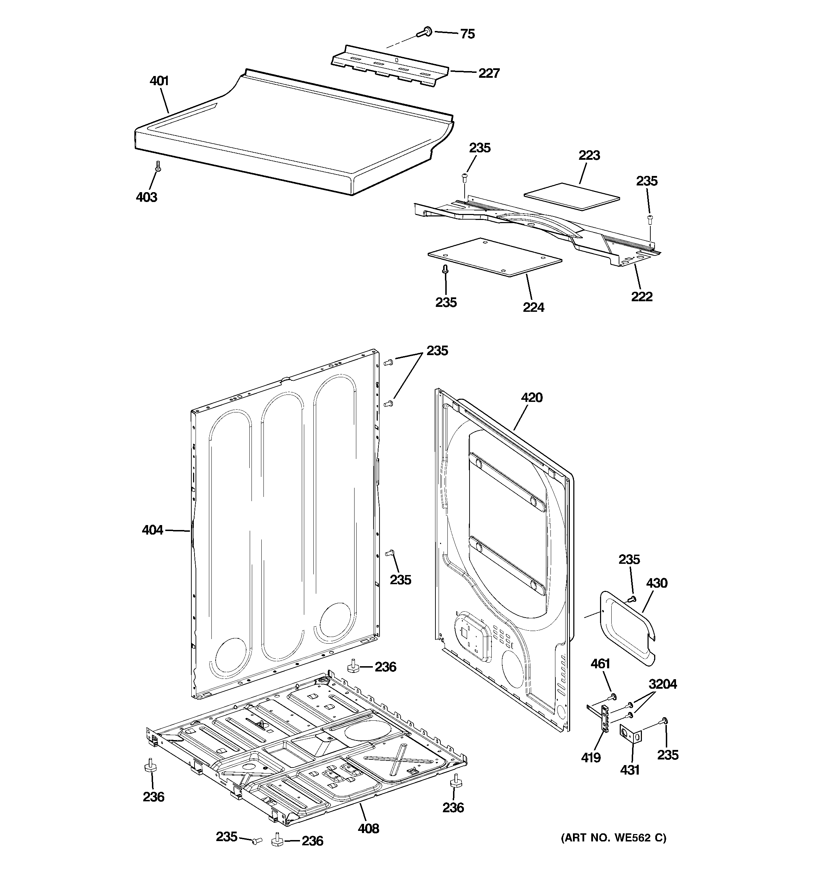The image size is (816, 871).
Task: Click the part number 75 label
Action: [x=467, y=34]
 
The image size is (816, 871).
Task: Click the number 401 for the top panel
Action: [x=159, y=81]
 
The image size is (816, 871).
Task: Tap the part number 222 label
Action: [x=642, y=297]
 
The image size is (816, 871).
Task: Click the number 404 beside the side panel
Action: [x=152, y=530]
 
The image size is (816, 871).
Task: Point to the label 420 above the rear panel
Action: [x=532, y=398]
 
